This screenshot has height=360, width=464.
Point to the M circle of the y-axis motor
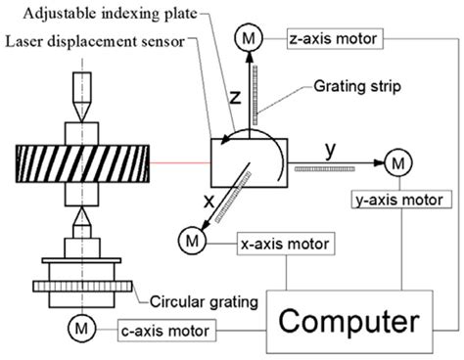tap(397, 159)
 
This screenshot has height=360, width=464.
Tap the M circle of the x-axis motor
tap(190, 239)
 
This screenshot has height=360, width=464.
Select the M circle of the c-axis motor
tap(74, 324)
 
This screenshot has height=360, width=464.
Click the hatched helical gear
tap(80, 159)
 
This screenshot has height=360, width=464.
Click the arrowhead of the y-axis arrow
tap(376, 159)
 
